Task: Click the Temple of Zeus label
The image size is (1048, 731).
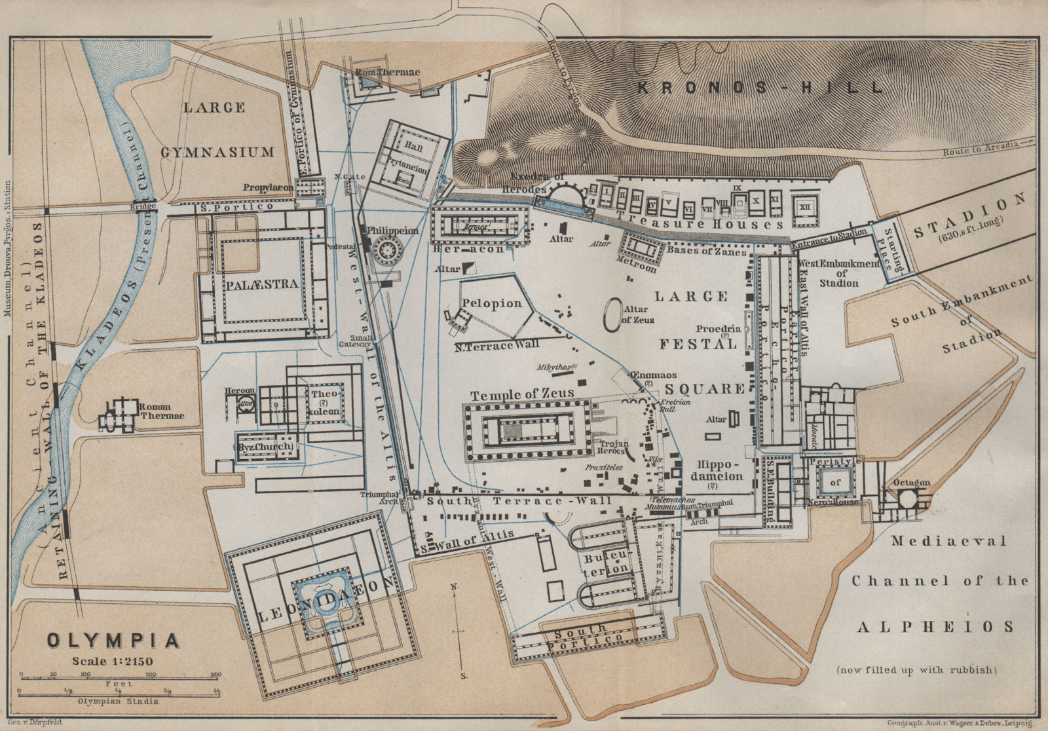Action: point(522,394)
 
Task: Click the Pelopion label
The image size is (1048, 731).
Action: point(491,303)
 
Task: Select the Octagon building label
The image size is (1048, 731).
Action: point(911,483)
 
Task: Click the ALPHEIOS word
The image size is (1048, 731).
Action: point(935,627)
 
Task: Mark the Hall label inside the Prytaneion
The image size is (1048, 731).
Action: point(414,148)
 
